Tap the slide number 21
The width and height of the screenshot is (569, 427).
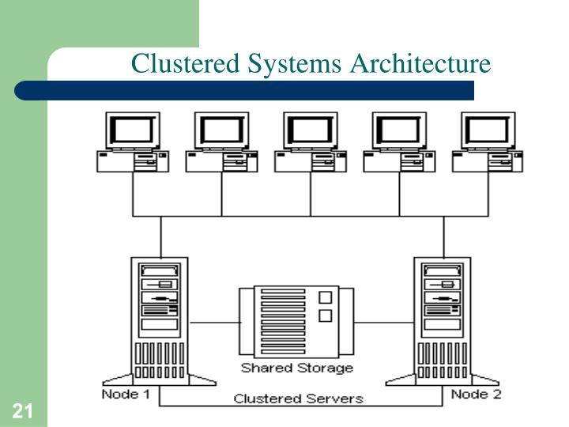(x=21, y=410)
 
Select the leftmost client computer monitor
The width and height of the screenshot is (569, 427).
(x=133, y=130)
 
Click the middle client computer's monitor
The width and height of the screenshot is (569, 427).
(x=311, y=130)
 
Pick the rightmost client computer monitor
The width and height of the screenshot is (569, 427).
(x=488, y=130)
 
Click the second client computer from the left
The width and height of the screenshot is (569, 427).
(x=221, y=142)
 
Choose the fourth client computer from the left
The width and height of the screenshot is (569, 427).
(x=399, y=142)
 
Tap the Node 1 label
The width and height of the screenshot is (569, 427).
(x=126, y=394)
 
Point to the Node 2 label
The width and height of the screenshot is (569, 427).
(x=476, y=394)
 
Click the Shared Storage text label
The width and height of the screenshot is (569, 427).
(x=297, y=368)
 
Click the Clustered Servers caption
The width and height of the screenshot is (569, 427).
(x=298, y=399)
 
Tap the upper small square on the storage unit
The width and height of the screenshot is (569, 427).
(x=323, y=298)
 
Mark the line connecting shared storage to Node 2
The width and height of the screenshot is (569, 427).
(x=384, y=322)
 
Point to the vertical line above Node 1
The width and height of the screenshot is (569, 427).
(x=161, y=236)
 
